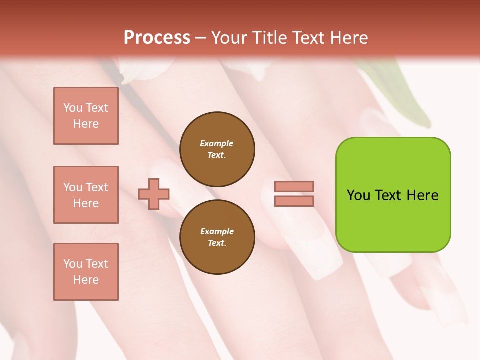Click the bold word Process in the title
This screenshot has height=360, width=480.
point(157,38)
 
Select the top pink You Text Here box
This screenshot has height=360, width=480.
point(86,116)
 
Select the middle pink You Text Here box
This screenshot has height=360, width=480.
point(86,195)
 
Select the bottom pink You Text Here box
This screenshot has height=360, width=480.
point(86,272)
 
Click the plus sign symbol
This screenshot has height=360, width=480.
point(154,194)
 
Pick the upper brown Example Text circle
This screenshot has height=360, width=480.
point(217,149)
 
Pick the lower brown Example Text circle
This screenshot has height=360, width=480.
point(217,237)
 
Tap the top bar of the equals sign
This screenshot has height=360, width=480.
point(294,187)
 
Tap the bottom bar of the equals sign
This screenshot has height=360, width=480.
point(294,201)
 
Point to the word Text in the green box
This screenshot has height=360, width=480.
point(390,195)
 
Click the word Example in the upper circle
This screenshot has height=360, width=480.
point(216,143)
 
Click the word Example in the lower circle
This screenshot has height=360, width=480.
point(216,231)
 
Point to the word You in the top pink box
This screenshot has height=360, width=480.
point(73,108)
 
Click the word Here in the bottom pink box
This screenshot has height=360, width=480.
point(86,280)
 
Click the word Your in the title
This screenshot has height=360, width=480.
point(229,38)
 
